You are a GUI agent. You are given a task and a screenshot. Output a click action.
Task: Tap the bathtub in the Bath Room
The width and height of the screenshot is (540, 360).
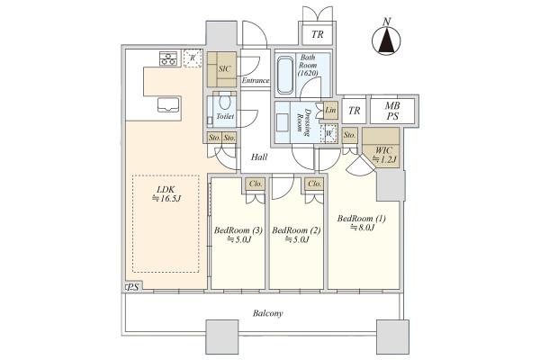(x=285, y=75)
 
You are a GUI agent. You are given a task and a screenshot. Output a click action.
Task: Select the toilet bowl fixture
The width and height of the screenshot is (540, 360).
(x=224, y=102)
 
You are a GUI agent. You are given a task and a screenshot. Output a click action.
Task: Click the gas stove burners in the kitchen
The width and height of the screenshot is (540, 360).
(x=168, y=58)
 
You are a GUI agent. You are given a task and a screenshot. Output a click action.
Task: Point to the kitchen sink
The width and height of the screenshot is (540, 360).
(x=168, y=104)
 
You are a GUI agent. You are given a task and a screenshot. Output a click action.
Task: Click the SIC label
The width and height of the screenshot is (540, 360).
(x=224, y=68)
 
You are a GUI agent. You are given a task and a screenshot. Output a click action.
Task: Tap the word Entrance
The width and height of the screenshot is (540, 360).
(x=256, y=81)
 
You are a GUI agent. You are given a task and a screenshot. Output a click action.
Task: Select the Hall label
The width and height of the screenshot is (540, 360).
(x=259, y=157)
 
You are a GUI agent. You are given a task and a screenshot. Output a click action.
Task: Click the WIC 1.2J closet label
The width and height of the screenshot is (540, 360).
(x=384, y=155)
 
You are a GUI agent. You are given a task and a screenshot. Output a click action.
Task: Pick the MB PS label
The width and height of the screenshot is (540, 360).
(x=392, y=111)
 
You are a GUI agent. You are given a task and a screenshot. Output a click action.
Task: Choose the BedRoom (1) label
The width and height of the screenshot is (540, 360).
(x=362, y=222)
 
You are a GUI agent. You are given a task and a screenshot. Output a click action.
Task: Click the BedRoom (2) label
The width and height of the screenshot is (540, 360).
(x=296, y=234)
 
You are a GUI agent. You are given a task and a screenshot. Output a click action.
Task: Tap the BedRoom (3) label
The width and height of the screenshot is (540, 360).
(x=238, y=234)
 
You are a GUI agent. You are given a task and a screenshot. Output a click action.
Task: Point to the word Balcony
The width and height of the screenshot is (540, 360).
(x=267, y=313)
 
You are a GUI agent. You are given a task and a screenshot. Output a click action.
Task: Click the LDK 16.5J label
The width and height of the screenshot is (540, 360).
(x=166, y=193)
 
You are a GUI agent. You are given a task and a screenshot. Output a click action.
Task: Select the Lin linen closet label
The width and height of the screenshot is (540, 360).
(x=330, y=110)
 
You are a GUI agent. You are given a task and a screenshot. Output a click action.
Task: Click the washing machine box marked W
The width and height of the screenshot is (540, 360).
(x=328, y=133)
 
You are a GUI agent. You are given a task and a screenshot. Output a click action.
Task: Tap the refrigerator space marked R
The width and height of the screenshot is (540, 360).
(x=193, y=58)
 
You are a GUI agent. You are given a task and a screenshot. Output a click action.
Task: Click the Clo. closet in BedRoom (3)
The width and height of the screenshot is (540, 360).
(x=256, y=184)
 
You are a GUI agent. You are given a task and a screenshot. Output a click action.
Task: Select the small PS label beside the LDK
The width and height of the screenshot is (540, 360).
(x=133, y=287)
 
